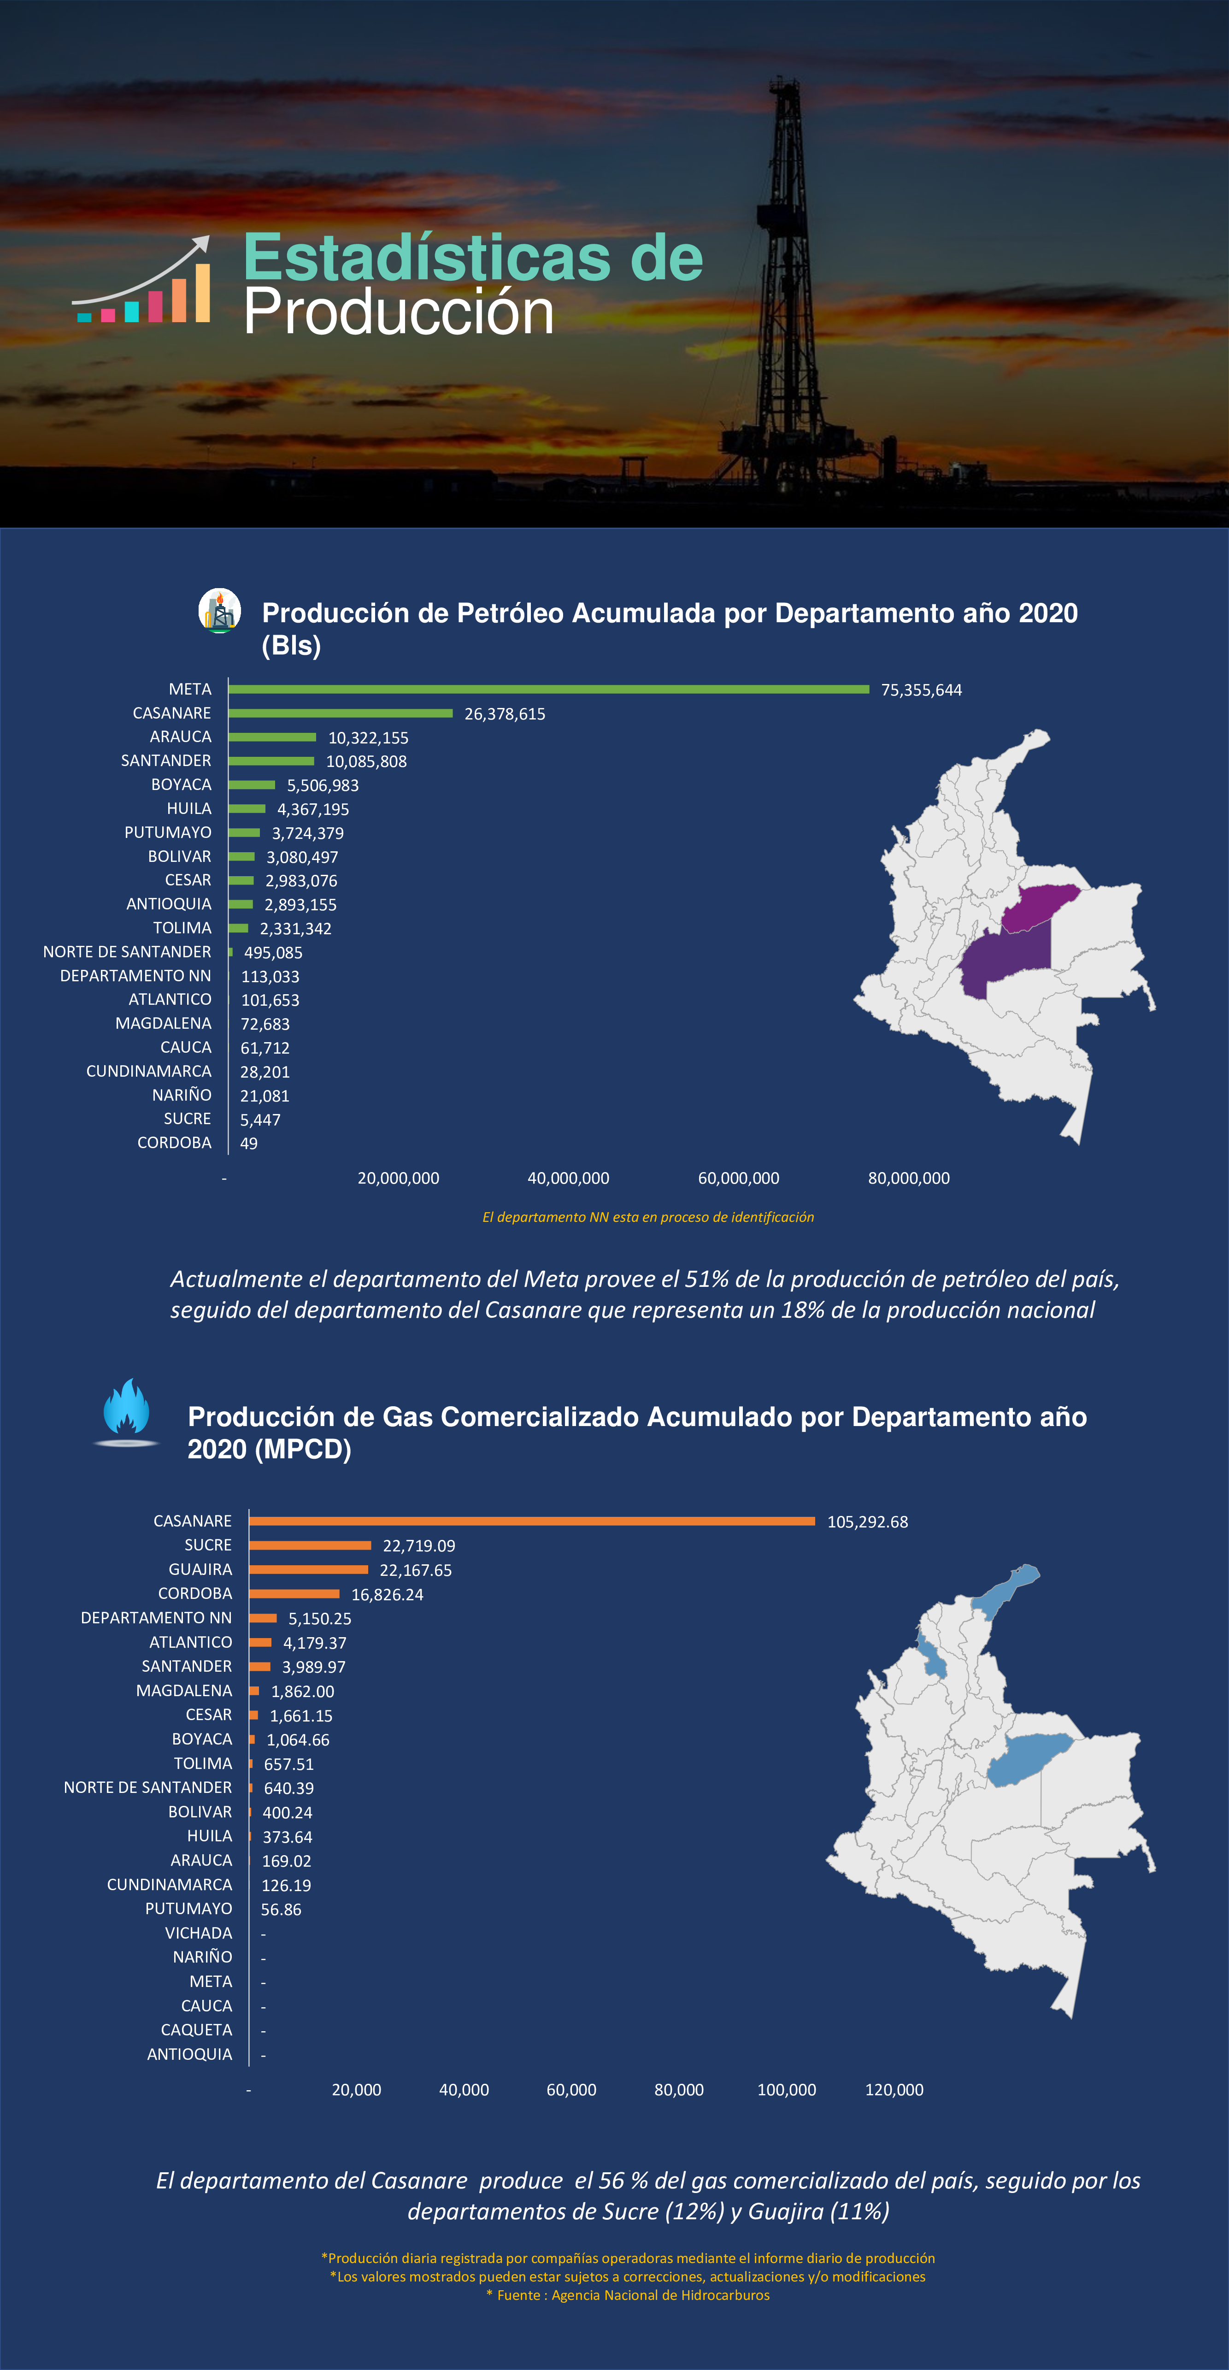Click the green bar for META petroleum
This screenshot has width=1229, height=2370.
548,689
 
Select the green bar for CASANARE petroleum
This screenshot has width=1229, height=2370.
341,713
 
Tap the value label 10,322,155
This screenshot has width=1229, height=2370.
368,738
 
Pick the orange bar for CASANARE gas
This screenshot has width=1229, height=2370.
532,1521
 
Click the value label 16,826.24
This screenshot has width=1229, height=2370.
387,1594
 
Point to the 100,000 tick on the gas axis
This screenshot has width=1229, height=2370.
787,2089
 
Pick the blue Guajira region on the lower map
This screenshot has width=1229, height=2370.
1005,1590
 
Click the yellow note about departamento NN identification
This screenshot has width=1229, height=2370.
647,1217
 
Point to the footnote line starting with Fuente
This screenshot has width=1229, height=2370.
627,2294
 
